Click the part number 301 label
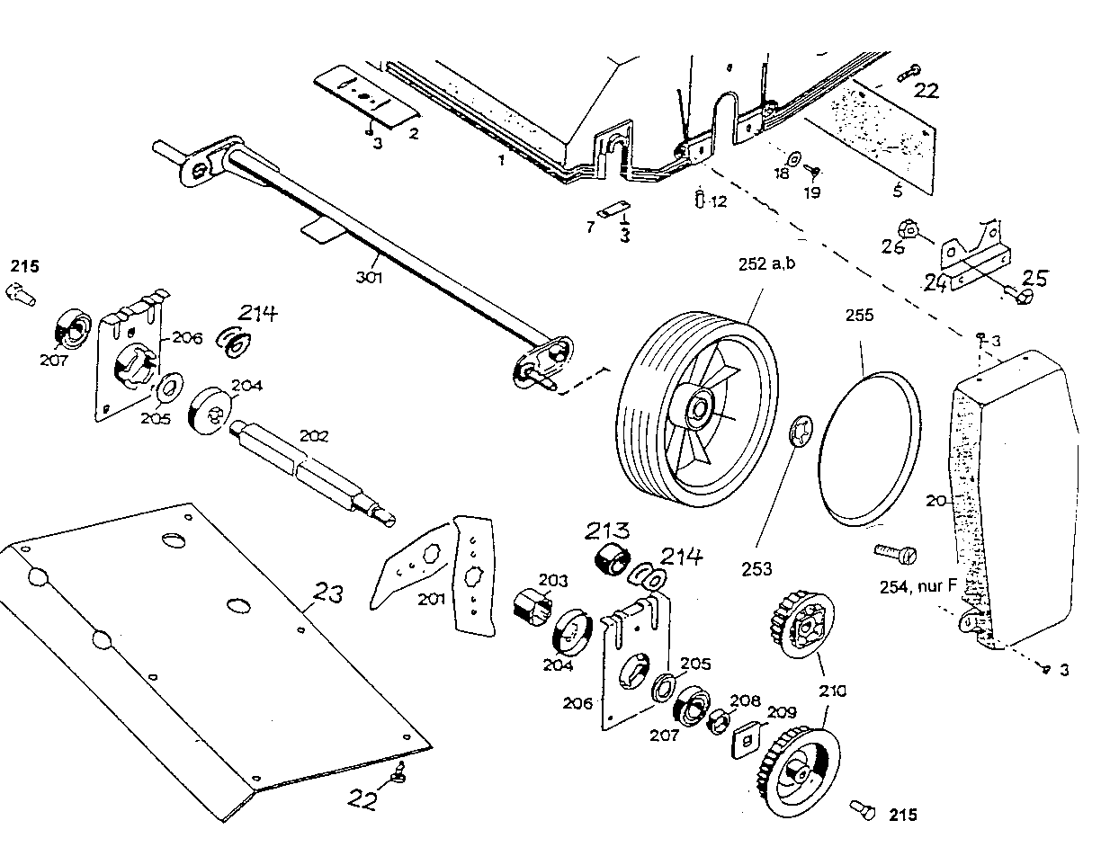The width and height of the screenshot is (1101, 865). click(369, 278)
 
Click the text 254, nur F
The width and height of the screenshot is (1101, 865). click(917, 587)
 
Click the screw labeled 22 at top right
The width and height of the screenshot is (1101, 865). click(911, 71)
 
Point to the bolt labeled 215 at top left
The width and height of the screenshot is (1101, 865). click(21, 292)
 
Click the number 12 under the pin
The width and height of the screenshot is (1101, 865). click(718, 202)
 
